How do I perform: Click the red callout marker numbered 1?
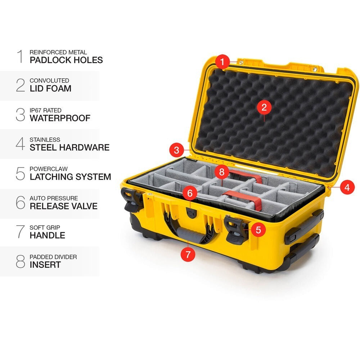click(223, 62)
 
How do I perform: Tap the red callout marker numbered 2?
click(264, 107)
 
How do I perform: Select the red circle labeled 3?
click(176, 150)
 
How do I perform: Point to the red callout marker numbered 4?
click(347, 187)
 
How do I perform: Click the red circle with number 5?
click(258, 229)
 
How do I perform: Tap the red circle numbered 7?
click(188, 254)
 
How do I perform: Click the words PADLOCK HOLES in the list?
click(66, 60)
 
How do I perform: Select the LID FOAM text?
click(50, 88)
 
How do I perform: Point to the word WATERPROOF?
click(60, 118)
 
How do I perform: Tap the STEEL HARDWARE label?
click(69, 147)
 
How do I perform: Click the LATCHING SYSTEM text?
click(70, 177)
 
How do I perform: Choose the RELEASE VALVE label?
click(64, 206)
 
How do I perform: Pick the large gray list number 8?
click(21, 262)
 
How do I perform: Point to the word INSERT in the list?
click(45, 265)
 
